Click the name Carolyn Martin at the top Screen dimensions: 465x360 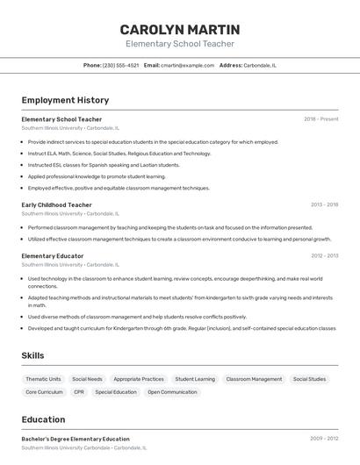click(179, 29)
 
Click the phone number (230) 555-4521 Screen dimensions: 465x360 click(120, 65)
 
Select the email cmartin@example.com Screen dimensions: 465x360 click(187, 65)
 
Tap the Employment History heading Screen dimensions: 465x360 click(65, 100)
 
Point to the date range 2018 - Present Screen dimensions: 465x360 click(320, 119)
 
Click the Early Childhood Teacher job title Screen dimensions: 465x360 click(56, 204)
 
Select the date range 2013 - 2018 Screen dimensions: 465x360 click(324, 204)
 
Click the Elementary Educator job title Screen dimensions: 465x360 click(53, 256)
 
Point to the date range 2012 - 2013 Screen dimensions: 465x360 click(324, 256)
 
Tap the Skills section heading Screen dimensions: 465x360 click(32, 355)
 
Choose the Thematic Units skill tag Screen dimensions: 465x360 click(43, 379)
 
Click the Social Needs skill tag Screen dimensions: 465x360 click(87, 379)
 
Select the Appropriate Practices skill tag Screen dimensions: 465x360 click(139, 379)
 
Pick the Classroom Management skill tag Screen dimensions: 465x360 click(254, 379)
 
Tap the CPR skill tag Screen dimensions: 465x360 click(79, 392)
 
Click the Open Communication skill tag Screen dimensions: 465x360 click(172, 392)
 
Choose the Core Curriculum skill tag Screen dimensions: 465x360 click(44, 392)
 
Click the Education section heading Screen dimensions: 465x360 click(43, 419)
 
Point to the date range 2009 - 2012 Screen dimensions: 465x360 click(324, 439)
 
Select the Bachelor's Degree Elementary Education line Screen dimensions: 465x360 click(76, 439)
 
